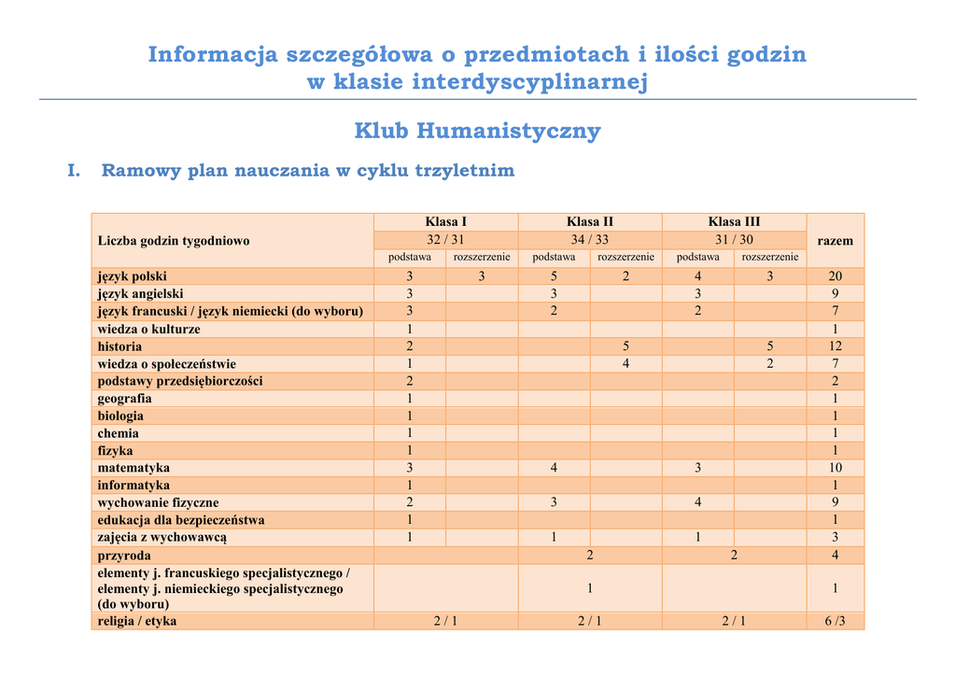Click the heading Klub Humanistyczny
(x=477, y=131)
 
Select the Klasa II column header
(x=589, y=221)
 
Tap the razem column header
(x=835, y=240)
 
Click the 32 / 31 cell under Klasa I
(x=445, y=239)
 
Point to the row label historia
(x=120, y=346)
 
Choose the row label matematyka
(x=134, y=468)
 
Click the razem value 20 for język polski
(x=835, y=276)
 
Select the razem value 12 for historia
(x=835, y=346)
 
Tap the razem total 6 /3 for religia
(x=835, y=621)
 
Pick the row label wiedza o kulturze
(x=149, y=330)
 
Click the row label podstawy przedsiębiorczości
(x=180, y=381)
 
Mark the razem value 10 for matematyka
(x=835, y=468)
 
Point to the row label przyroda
(x=124, y=556)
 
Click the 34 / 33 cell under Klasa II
(x=589, y=239)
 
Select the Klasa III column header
(x=734, y=221)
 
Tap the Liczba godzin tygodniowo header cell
(x=174, y=241)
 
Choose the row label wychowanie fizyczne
(x=159, y=502)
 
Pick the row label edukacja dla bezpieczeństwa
(x=181, y=520)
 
